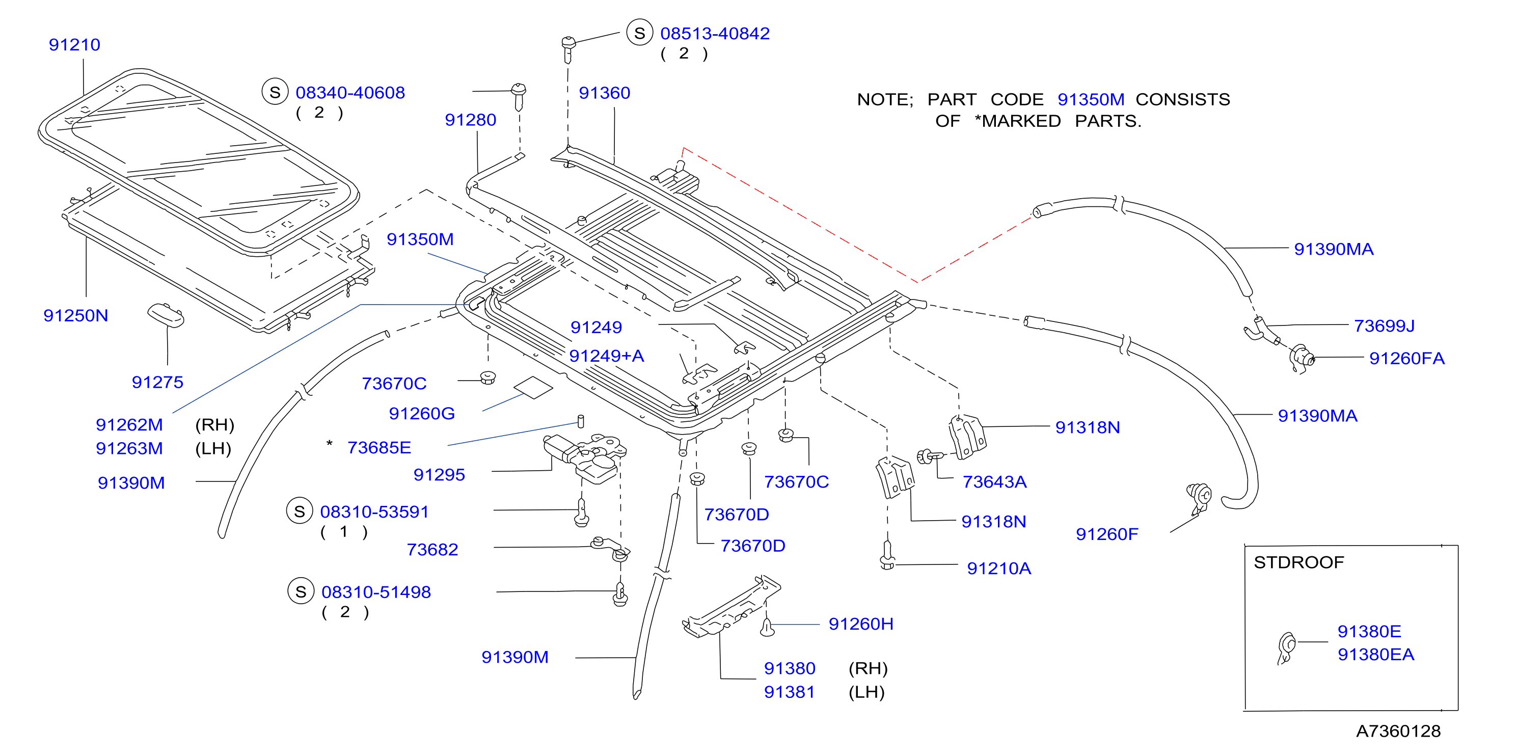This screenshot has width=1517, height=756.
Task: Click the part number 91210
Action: [x=74, y=45]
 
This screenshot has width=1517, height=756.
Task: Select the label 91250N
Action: [x=76, y=315]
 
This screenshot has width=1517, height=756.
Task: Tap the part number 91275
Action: [x=157, y=382]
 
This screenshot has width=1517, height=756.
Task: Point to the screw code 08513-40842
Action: [x=715, y=34]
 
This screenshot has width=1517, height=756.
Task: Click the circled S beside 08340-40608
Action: [x=275, y=92]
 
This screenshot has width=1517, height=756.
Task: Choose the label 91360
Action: [x=604, y=93]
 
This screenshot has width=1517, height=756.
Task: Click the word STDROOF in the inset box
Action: [x=1298, y=562]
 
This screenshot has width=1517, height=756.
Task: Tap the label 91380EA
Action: [x=1376, y=654]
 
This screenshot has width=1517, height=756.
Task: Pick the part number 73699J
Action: [x=1384, y=326]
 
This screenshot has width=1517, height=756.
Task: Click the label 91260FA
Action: [x=1406, y=358]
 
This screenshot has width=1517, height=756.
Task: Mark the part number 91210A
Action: [x=999, y=568]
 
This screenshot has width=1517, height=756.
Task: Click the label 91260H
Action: [x=861, y=624]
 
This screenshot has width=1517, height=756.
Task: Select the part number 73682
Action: [x=432, y=549]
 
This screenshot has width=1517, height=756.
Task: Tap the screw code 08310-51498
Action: [x=376, y=592]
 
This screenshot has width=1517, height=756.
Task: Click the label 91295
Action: [x=439, y=475]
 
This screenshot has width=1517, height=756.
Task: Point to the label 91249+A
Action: [x=607, y=356]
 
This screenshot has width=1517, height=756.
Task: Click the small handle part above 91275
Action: [x=166, y=315]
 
